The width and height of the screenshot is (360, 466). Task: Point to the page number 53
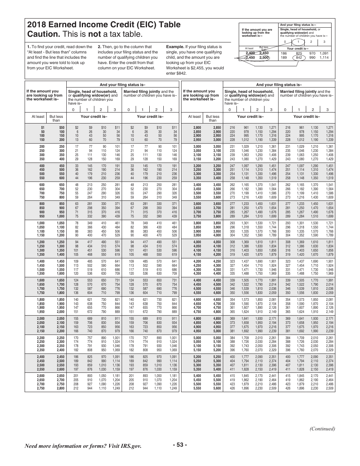pyautogui.click(x=180, y=445)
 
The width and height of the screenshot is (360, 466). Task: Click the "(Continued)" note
pyautogui.click(x=322, y=429)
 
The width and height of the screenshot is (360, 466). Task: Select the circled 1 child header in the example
pyautogui.click(x=299, y=42)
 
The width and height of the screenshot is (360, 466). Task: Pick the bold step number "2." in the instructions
pyautogui.click(x=99, y=47)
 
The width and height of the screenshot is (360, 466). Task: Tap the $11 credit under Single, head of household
pyautogui.click(x=117, y=128)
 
